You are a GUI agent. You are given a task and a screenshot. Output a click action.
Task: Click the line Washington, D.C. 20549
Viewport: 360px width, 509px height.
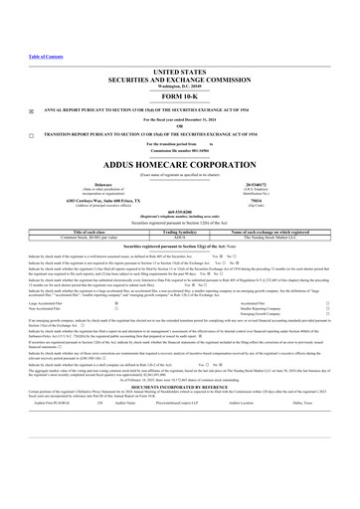pyautogui.click(x=179, y=86)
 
